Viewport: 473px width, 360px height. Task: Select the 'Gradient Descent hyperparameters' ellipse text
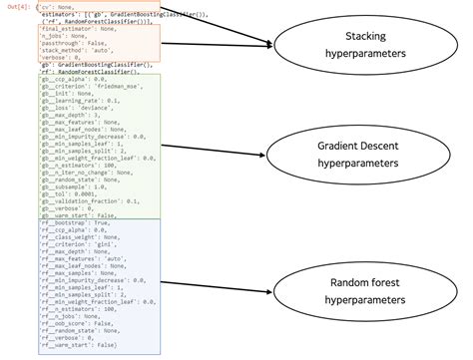pos(356,153)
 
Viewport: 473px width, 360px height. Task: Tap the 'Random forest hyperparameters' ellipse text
pos(356,290)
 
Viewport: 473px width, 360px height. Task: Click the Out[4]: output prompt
pos(17,8)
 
